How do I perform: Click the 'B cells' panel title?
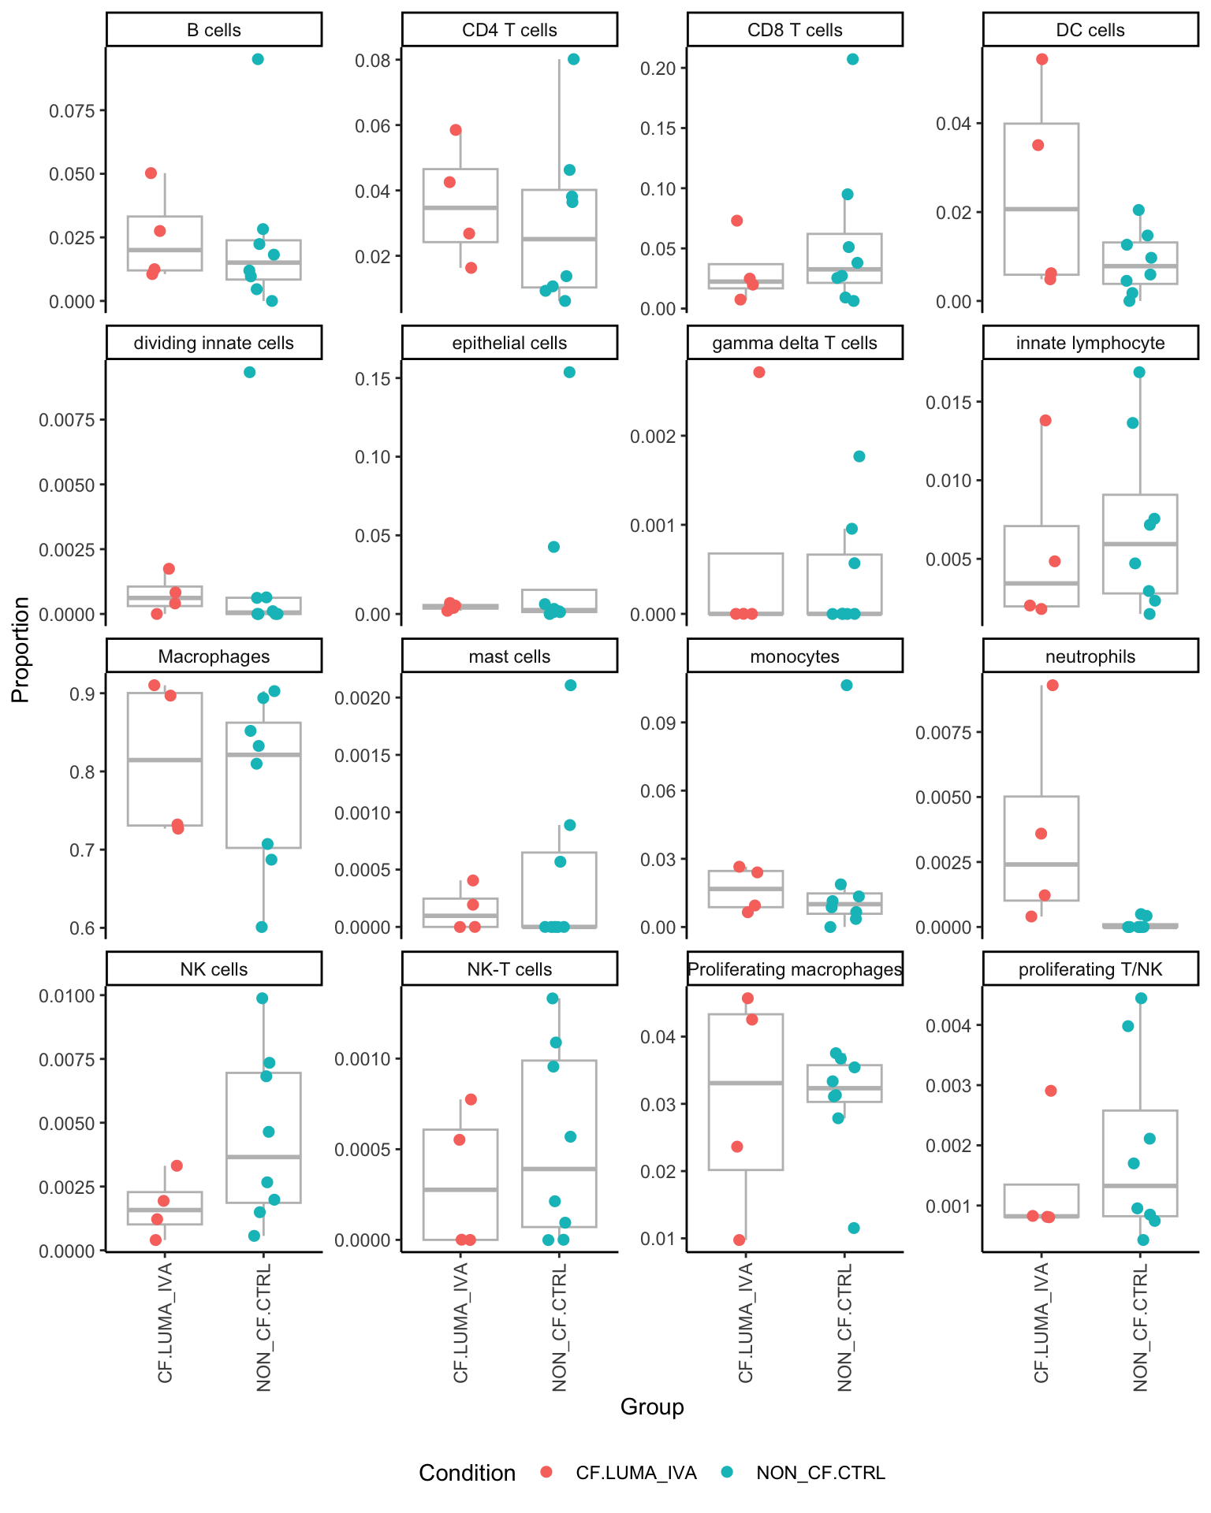[x=214, y=30]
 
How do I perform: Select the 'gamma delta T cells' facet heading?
[x=794, y=343]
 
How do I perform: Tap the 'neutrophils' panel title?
[x=1090, y=656]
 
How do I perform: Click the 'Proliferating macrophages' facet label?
[x=794, y=969]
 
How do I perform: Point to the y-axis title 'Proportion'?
[x=20, y=649]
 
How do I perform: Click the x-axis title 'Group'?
[x=652, y=1407]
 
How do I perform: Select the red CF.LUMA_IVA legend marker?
[x=546, y=1473]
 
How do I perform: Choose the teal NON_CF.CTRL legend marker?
[x=727, y=1473]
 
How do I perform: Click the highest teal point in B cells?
[x=258, y=59]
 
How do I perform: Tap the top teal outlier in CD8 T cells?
[x=852, y=59]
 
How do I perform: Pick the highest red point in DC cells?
[x=1041, y=59]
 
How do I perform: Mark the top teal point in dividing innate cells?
[x=249, y=372]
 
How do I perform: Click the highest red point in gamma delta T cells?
[x=759, y=372]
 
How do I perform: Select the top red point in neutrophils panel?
[x=1052, y=685]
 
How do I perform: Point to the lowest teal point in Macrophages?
[x=262, y=927]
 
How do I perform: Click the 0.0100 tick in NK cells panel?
[x=66, y=995]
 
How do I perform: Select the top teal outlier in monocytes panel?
[x=846, y=685]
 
